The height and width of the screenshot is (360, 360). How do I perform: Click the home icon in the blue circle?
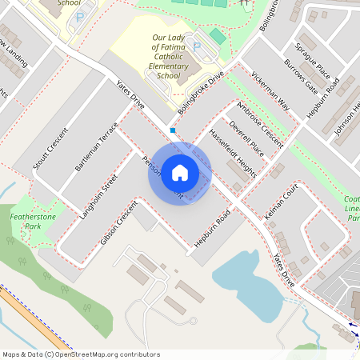tap(180, 173)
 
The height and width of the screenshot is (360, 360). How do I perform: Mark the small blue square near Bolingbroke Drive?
tap(172, 130)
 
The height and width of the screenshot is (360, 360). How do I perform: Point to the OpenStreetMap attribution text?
tap(81, 354)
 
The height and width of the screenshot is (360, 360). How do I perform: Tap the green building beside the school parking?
tap(218, 37)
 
